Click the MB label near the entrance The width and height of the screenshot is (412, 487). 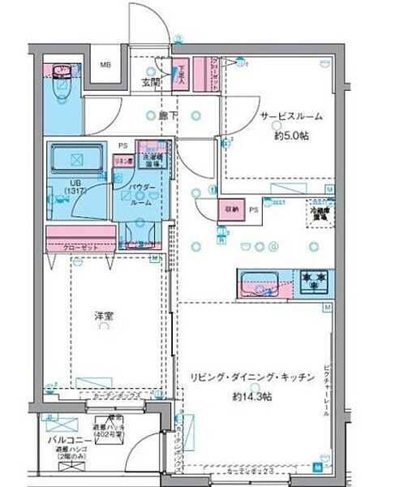[105, 64]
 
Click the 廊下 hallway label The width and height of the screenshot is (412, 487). [169, 116]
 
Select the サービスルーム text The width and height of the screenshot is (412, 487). [291, 116]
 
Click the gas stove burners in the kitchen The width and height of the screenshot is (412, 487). [315, 281]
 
